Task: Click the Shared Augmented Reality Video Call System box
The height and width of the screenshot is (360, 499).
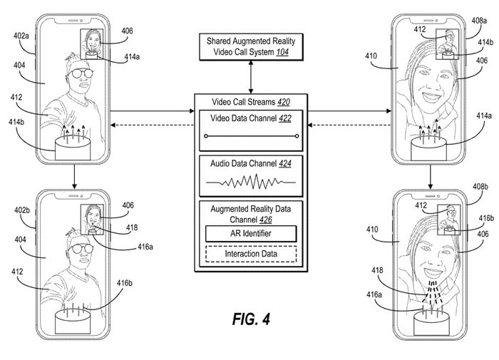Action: (251, 47)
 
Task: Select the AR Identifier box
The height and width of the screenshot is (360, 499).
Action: (251, 234)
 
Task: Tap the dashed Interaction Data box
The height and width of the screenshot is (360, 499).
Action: (251, 254)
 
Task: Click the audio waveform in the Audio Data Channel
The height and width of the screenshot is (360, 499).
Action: (251, 182)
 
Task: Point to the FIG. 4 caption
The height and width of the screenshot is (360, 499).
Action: (251, 319)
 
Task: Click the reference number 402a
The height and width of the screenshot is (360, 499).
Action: (21, 36)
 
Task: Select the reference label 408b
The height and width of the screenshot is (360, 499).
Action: (480, 187)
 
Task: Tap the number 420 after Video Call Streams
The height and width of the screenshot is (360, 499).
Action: (284, 102)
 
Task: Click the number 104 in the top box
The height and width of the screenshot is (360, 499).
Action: (282, 52)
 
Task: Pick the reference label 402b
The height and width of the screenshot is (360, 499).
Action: (22, 210)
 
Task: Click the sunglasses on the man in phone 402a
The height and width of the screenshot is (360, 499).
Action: (80, 73)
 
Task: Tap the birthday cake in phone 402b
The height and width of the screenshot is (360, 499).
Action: (73, 319)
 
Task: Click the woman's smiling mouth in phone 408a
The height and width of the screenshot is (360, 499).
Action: (431, 96)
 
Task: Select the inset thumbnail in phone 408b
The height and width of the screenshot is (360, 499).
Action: (449, 220)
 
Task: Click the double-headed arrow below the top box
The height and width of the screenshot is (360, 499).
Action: (251, 78)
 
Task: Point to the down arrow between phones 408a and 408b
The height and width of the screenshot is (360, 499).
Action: (431, 177)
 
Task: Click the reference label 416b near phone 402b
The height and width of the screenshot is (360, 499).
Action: (125, 283)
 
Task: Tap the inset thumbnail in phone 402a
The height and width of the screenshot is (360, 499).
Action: (92, 44)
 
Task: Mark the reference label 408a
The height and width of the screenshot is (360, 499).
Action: (479, 21)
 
